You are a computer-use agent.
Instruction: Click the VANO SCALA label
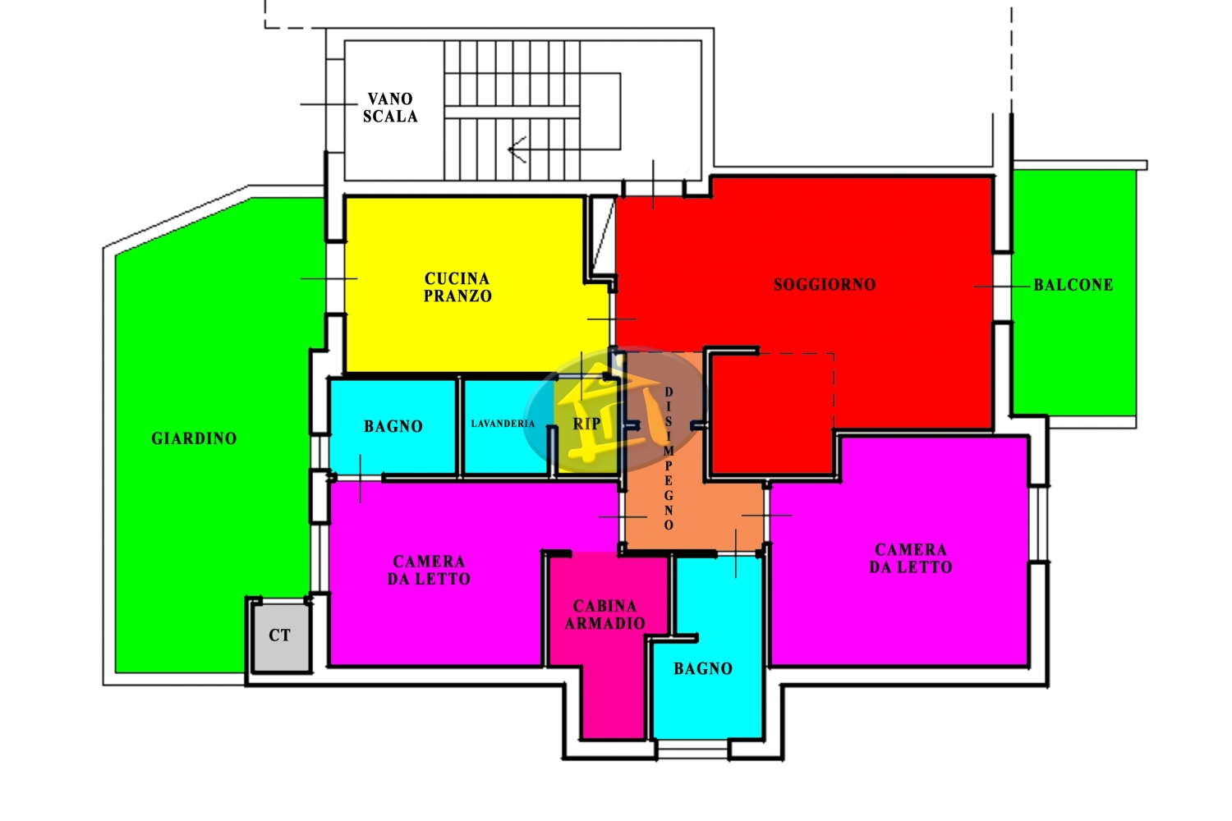click(x=390, y=108)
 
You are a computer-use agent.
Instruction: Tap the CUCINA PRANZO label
click(x=457, y=287)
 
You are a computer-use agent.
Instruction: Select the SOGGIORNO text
click(x=825, y=285)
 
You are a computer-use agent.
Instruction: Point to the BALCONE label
click(x=1073, y=285)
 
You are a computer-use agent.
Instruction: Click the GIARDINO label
click(x=194, y=438)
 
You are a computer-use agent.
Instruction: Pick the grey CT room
click(x=281, y=637)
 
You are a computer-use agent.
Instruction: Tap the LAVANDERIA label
click(x=503, y=424)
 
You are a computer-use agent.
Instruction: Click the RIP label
click(x=587, y=424)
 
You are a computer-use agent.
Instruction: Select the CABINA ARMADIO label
click(x=605, y=614)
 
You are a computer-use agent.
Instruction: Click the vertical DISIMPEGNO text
click(x=669, y=458)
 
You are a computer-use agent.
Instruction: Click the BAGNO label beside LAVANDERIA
click(x=393, y=426)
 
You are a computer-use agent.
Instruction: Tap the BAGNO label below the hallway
click(x=703, y=668)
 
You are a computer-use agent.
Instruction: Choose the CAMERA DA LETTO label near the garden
click(x=429, y=571)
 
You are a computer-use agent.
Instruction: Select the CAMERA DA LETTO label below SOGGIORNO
click(x=911, y=558)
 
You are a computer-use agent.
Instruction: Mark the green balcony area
click(x=1073, y=292)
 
